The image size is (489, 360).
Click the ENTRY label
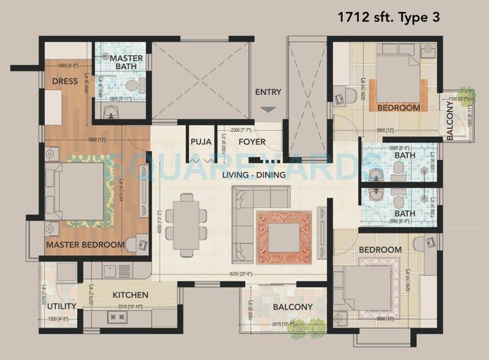[268, 92]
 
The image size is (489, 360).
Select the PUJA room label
[201, 142]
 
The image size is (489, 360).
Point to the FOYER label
[251, 142]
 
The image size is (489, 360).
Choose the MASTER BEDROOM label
[85, 244]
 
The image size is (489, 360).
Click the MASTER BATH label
[127, 63]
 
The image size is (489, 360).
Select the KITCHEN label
[130, 295]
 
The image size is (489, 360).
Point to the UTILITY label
[61, 306]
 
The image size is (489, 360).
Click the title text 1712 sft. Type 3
[388, 17]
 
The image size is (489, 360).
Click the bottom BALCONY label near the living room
[292, 307]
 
